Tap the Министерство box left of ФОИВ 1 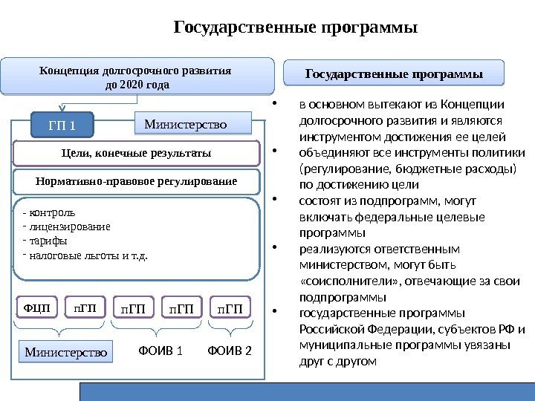pyautogui.click(x=66, y=351)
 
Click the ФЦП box pyautogui.click(x=36, y=307)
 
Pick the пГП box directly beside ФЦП pyautogui.click(x=85, y=307)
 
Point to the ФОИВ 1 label pyautogui.click(x=160, y=350)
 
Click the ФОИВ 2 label pyautogui.click(x=230, y=350)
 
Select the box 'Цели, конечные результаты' pyautogui.click(x=136, y=152)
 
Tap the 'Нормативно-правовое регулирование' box pyautogui.click(x=136, y=180)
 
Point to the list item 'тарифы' pyautogui.click(x=49, y=242)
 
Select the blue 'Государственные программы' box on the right pyautogui.click(x=395, y=74)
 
